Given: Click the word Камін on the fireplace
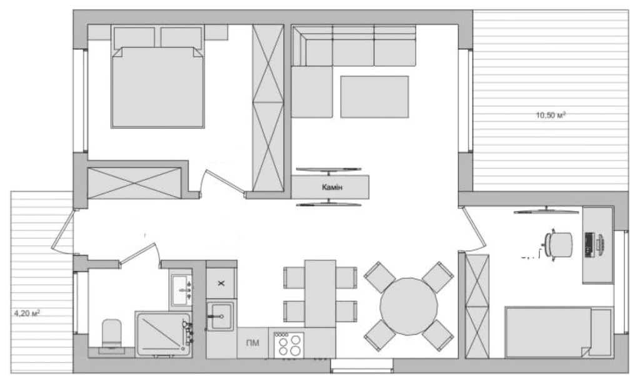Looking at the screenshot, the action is click(x=332, y=188).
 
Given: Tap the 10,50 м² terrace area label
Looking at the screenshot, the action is click(x=551, y=115).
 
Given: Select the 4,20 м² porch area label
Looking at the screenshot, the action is click(x=27, y=313).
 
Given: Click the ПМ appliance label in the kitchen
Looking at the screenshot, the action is click(x=252, y=343).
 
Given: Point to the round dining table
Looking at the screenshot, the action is click(x=409, y=307).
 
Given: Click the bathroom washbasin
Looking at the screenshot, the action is click(x=181, y=290).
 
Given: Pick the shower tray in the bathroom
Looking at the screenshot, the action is click(x=163, y=333).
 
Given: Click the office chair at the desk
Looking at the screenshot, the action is click(x=557, y=245).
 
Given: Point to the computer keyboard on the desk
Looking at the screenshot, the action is click(x=589, y=245).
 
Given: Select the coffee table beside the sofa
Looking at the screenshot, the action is click(x=374, y=97).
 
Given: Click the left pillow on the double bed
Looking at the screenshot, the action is click(x=134, y=38).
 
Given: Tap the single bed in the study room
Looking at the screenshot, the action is click(x=559, y=332).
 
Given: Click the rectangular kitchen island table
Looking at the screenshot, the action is click(x=320, y=293).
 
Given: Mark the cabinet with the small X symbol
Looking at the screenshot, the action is click(x=221, y=283).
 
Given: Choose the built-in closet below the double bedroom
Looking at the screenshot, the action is click(x=134, y=183).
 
